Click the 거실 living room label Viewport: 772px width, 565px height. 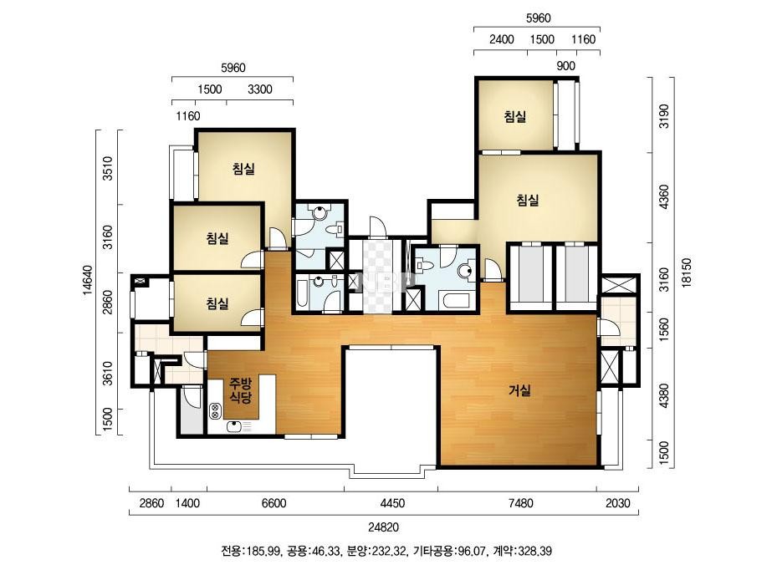click(x=520, y=391)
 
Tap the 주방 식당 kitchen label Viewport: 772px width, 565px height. click(x=241, y=390)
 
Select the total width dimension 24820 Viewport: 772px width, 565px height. click(x=384, y=527)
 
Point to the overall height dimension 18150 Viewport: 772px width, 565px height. click(x=687, y=272)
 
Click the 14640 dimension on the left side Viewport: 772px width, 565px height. click(x=88, y=281)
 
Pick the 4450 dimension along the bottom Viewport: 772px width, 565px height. click(x=392, y=503)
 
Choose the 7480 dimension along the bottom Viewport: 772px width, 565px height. click(x=520, y=503)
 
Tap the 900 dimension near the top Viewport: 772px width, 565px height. click(x=565, y=66)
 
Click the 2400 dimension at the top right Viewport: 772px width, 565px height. click(x=501, y=39)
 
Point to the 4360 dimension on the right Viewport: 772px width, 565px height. click(x=664, y=197)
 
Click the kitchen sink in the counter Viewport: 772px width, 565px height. click(x=237, y=426)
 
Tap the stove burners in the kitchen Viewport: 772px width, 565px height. click(x=215, y=411)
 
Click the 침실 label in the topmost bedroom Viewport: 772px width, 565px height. click(x=515, y=117)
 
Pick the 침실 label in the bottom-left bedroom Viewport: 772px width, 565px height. click(x=217, y=303)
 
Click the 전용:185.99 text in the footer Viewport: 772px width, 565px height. click(x=248, y=551)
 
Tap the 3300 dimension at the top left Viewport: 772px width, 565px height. click(x=260, y=89)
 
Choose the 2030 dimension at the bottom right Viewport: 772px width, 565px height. click(x=617, y=503)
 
